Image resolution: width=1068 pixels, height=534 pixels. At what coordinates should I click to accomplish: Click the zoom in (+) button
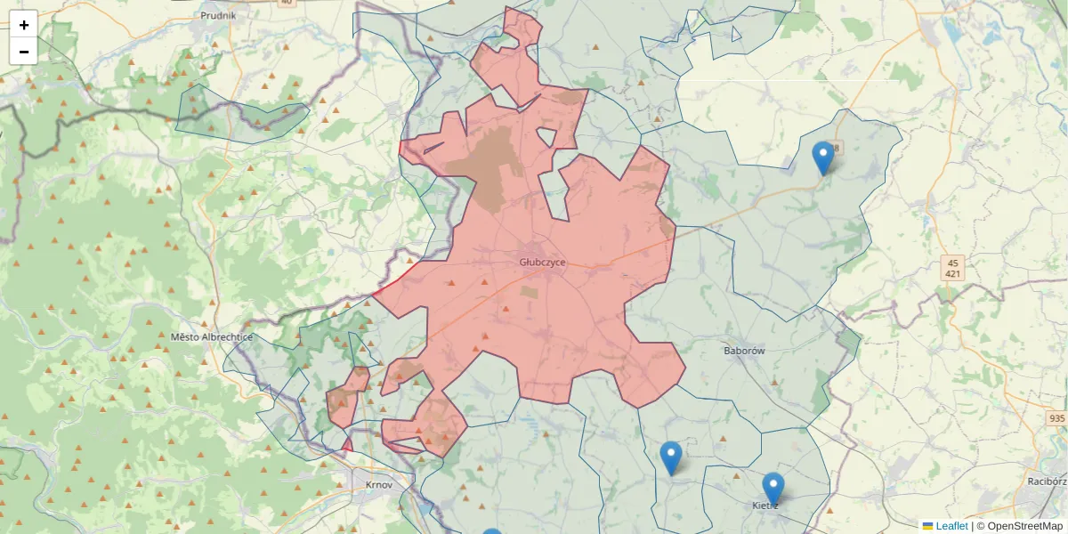click(24, 25)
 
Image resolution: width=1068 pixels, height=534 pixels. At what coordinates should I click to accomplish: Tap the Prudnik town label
click(218, 15)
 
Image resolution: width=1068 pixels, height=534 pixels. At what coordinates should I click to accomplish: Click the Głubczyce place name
click(542, 263)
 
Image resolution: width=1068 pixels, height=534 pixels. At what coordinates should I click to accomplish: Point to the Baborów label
click(744, 351)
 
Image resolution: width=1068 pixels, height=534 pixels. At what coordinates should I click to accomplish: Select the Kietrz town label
click(765, 506)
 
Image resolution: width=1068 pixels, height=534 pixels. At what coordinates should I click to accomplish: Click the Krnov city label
click(379, 485)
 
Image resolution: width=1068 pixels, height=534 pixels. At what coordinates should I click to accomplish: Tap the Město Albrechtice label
click(212, 337)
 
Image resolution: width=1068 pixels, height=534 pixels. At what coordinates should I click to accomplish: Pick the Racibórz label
click(1046, 481)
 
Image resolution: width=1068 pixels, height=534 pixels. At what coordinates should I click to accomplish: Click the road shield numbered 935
click(1056, 418)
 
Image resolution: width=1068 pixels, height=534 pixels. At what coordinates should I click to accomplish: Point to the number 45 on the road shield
click(952, 263)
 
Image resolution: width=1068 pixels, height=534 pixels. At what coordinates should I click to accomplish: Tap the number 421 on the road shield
click(952, 274)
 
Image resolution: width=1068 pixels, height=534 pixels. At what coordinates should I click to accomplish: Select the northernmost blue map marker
click(823, 158)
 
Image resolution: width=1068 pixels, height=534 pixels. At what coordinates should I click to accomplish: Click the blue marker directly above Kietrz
click(773, 489)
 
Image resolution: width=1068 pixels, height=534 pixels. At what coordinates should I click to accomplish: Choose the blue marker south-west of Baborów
click(671, 458)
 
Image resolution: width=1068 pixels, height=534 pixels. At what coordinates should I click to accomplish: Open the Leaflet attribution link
click(951, 526)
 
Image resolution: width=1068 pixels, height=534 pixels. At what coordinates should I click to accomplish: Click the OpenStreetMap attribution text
click(1024, 526)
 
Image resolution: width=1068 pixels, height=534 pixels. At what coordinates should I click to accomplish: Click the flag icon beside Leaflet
click(927, 526)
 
